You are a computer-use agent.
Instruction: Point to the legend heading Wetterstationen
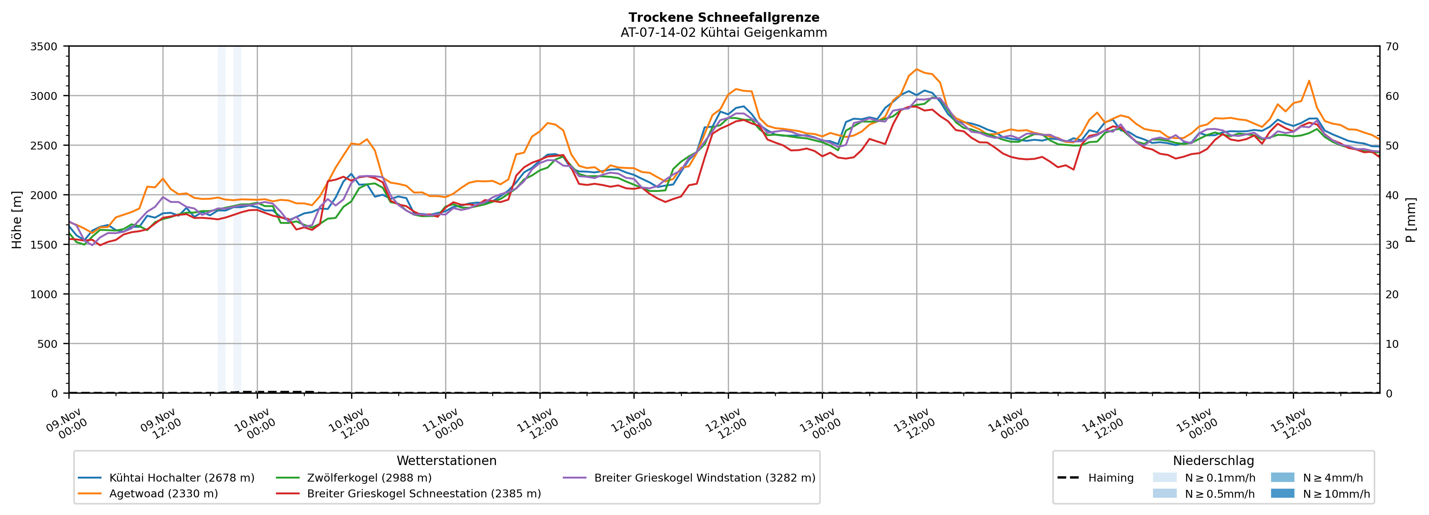pyautogui.click(x=447, y=461)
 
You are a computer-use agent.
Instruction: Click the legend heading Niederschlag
pyautogui.click(x=1213, y=461)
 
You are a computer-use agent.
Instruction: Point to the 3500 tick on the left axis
pyautogui.click(x=44, y=47)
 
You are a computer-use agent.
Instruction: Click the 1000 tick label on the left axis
pyautogui.click(x=44, y=295)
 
